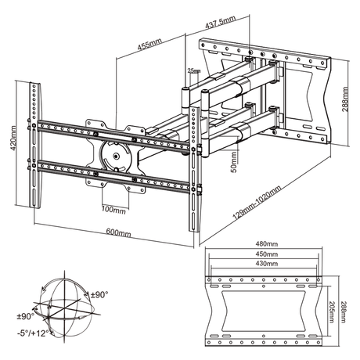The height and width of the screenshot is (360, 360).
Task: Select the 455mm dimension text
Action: point(146,46)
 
